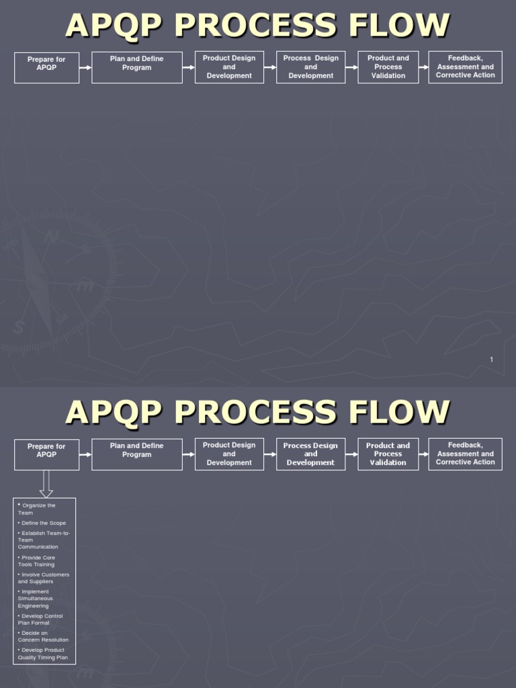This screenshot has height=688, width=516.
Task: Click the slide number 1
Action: [x=491, y=360]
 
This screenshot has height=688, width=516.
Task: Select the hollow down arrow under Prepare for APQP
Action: [x=46, y=483]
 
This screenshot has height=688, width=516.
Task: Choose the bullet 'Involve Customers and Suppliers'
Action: [x=44, y=578]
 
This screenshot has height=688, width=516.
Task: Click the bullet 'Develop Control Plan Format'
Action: [x=41, y=619]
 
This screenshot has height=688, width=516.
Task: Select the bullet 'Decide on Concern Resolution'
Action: [x=43, y=636]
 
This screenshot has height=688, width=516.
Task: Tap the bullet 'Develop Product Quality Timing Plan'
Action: [x=43, y=654]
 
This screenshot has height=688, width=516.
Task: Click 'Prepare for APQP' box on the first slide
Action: [x=46, y=68]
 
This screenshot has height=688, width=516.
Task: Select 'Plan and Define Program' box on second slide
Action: [x=137, y=455]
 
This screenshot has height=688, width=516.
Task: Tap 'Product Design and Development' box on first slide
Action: [x=229, y=68]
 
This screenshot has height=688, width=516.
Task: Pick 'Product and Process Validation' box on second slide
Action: [x=388, y=454]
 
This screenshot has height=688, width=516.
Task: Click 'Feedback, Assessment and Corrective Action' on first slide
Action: [x=465, y=67]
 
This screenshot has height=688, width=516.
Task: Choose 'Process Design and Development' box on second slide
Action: [x=310, y=454]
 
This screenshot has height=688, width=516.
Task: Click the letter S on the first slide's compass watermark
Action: [x=19, y=328]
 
